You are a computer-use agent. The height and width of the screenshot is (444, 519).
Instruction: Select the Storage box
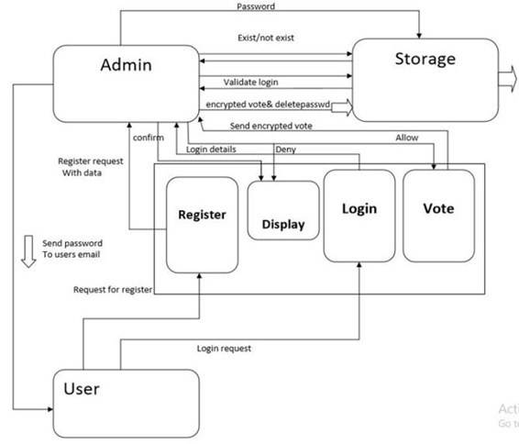[x=425, y=79]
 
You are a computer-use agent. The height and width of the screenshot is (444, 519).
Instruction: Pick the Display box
[x=283, y=211]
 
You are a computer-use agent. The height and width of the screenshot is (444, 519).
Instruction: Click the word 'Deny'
[x=285, y=148]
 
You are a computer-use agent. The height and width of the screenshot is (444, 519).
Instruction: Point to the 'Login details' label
[x=211, y=148]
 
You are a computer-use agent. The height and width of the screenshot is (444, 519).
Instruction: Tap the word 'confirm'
[x=149, y=137]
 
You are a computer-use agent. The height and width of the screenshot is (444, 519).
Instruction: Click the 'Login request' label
[x=224, y=349]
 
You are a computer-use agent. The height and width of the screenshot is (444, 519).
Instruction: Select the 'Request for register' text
[x=113, y=290]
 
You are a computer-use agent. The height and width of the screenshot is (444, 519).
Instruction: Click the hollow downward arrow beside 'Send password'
[x=28, y=250]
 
